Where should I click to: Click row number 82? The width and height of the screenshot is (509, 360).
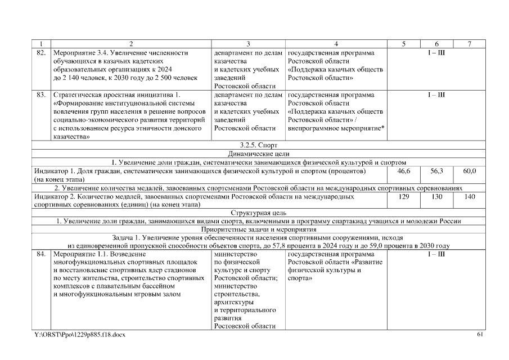pos(41,52)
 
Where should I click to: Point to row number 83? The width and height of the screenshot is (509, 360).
pos(41,94)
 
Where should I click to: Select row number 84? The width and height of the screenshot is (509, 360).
pos(41,254)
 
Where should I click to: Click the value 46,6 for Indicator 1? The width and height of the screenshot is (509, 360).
pos(404,170)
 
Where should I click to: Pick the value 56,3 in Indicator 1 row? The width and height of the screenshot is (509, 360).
pos(437,170)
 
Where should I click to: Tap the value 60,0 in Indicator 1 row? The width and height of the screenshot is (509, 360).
pos(470,170)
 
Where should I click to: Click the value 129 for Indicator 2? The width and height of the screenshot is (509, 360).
pos(404,197)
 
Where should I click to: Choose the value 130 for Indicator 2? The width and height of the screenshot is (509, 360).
pos(437,197)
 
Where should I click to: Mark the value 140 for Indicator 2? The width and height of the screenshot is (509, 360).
pos(470,197)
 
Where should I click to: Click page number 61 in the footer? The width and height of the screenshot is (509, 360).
pos(480,335)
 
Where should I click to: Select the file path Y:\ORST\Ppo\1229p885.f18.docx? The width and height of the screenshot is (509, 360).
pos(80,335)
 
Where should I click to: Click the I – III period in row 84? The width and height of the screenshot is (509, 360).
pos(436,254)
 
